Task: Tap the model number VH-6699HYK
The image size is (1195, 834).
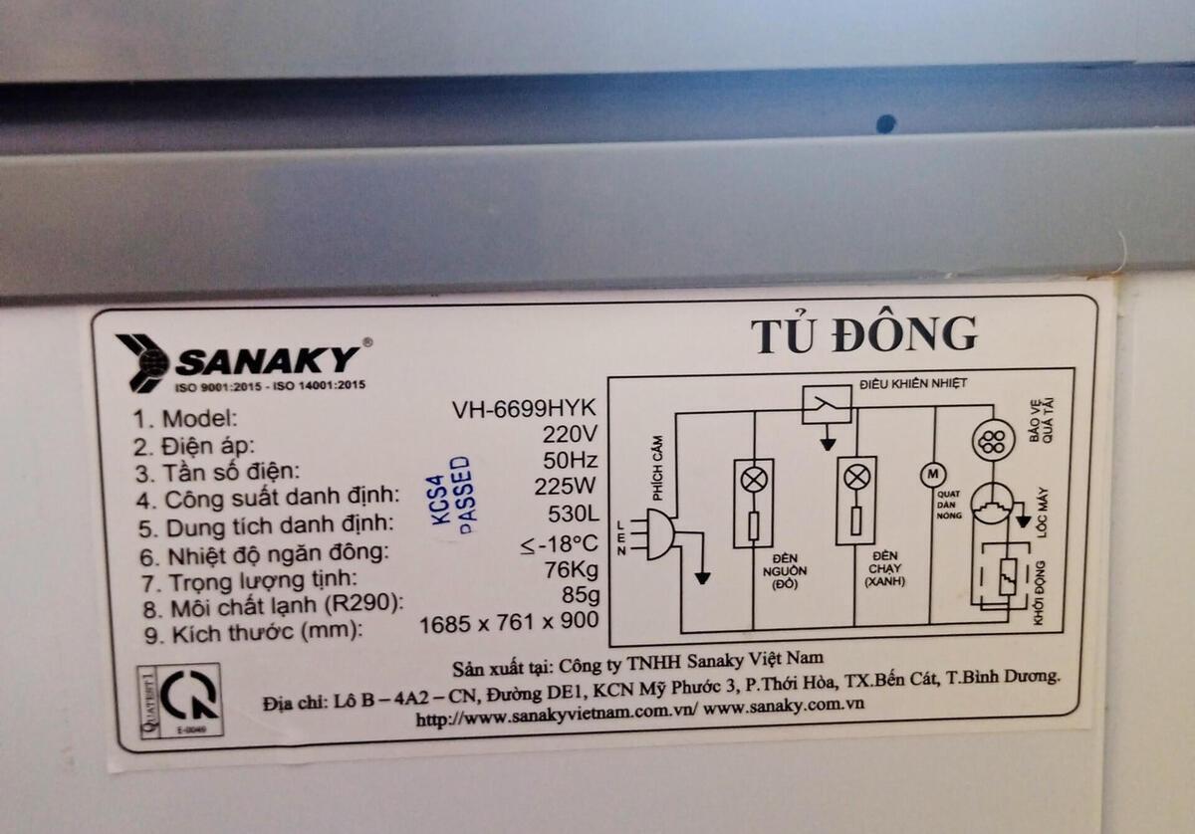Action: click(524, 410)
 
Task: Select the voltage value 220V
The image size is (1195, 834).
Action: click(570, 435)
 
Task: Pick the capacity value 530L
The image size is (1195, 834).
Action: click(573, 516)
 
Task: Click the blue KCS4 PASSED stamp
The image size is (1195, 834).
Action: click(451, 496)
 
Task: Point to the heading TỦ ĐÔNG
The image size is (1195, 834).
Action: click(862, 336)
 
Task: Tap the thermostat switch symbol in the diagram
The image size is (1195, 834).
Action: click(827, 403)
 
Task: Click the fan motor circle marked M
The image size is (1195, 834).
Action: click(934, 475)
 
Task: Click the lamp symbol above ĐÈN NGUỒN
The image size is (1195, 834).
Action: click(754, 479)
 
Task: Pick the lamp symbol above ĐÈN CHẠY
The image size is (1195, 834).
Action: click(855, 477)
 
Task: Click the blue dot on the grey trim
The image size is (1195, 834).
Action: click(885, 123)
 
